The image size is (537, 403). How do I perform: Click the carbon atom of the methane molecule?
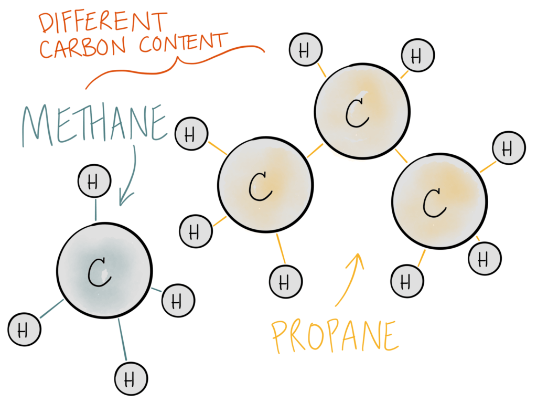[104, 270]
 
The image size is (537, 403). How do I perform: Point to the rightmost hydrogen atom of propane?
[509, 149]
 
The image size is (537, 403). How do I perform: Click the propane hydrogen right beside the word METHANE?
[190, 134]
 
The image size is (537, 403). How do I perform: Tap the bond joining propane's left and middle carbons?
[315, 151]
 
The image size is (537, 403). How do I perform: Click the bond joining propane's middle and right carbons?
[402, 155]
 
